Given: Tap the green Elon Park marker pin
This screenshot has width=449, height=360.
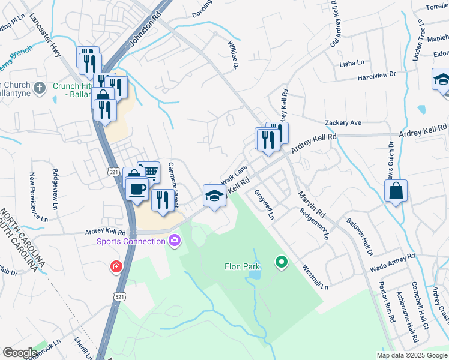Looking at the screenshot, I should [280, 262].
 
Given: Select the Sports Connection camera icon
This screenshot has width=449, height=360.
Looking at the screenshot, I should [175, 241].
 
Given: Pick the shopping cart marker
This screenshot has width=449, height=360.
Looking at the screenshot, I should [149, 173].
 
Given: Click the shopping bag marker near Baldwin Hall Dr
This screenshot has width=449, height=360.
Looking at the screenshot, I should [396, 191].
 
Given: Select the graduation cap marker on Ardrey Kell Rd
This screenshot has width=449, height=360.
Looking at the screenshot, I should [215, 196].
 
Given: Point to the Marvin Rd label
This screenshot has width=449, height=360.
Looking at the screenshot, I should [312, 205].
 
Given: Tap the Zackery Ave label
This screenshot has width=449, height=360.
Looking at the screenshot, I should [343, 122].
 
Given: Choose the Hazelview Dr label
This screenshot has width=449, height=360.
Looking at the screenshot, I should [376, 76].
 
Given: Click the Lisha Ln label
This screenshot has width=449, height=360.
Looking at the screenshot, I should [352, 62].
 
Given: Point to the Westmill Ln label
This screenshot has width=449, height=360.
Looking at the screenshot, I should [315, 277].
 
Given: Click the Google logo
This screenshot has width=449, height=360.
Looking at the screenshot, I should [20, 353].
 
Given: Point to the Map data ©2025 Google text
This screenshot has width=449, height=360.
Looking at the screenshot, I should [411, 355].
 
